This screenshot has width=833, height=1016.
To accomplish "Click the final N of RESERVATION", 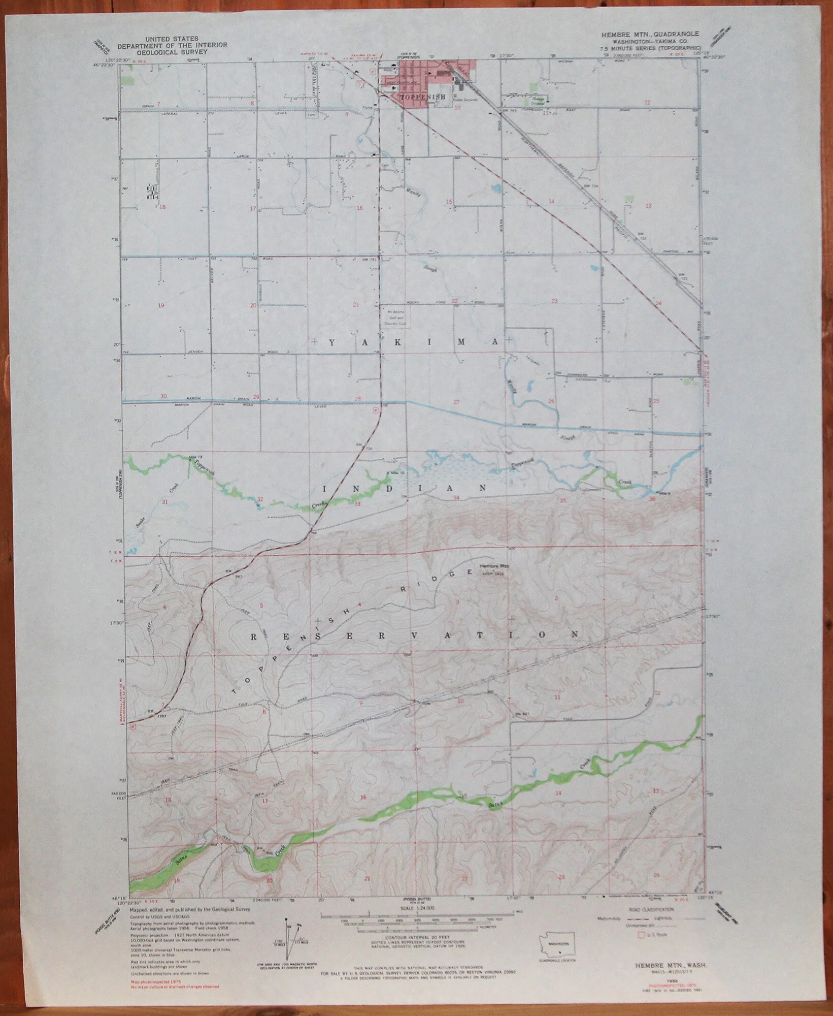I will pos(575,634).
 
